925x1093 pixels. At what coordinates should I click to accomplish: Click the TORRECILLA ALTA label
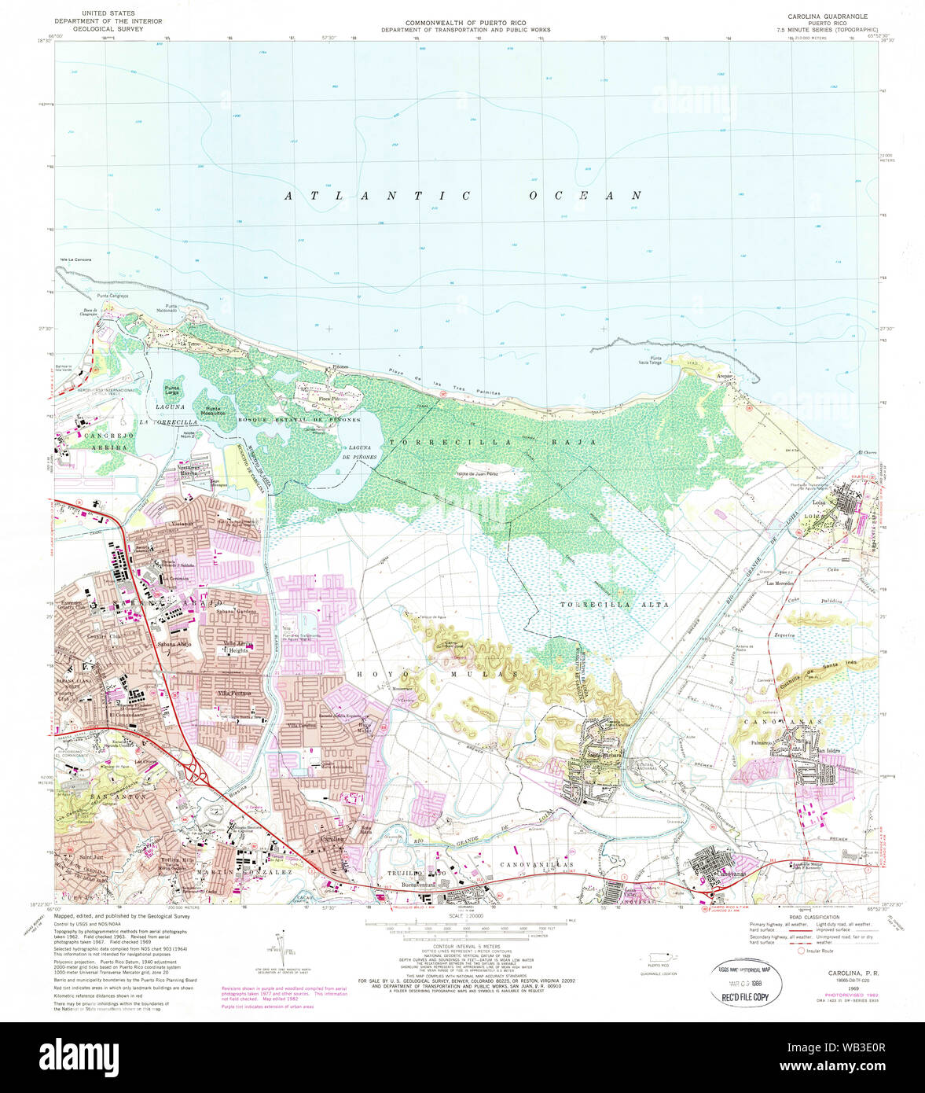click(x=614, y=605)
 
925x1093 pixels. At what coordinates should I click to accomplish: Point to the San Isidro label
click(x=828, y=751)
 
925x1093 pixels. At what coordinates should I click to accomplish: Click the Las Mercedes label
click(x=780, y=583)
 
